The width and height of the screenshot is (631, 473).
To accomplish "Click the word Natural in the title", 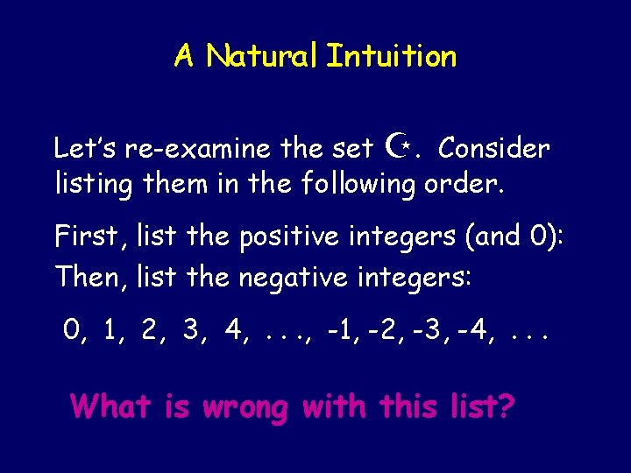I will pyautogui.click(x=262, y=57).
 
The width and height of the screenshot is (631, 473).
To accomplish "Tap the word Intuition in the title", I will pyautogui.click(x=391, y=57).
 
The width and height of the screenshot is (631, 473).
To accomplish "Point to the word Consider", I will pyautogui.click(x=494, y=149).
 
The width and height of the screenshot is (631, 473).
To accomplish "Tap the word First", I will pyautogui.click(x=85, y=236).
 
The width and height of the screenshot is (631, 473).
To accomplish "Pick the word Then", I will pyautogui.click(x=86, y=277).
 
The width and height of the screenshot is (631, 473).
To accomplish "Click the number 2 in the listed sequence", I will pyautogui.click(x=150, y=330).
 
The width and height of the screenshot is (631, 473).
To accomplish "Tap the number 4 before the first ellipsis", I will pyautogui.click(x=233, y=330).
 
